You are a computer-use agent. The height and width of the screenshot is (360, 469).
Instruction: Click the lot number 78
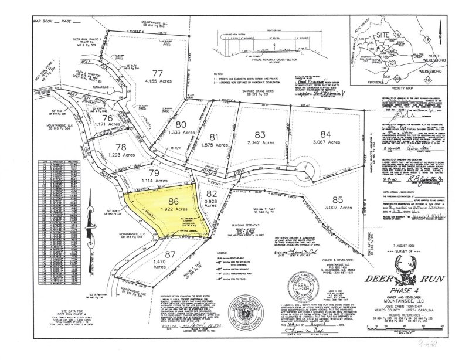(x=121, y=147)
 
